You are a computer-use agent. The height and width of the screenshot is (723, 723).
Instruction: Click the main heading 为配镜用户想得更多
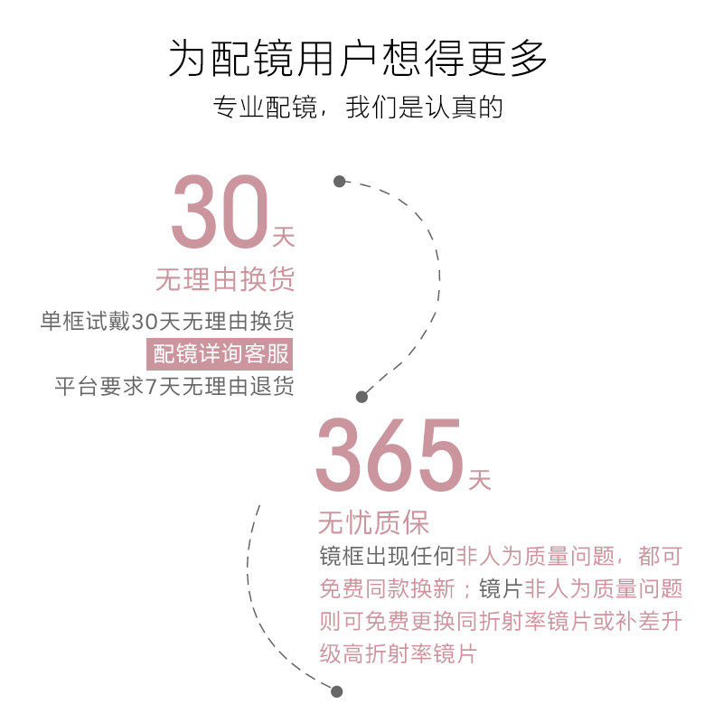tap(358, 59)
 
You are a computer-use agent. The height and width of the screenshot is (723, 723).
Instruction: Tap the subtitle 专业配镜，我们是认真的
tap(358, 108)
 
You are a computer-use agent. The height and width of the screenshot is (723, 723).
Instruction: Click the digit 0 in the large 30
tap(239, 213)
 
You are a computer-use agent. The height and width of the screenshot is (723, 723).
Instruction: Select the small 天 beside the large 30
tap(284, 239)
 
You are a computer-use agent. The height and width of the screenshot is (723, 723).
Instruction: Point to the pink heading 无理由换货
tap(225, 279)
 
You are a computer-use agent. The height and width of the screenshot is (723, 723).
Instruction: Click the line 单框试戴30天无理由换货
tap(168, 322)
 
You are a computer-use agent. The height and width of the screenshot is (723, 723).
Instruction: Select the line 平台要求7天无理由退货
tap(174, 386)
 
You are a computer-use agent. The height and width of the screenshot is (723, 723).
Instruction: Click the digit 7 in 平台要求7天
tap(151, 386)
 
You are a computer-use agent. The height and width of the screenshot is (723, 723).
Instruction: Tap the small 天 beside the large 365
tap(480, 479)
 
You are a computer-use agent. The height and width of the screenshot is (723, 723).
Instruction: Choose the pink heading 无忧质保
tap(373, 522)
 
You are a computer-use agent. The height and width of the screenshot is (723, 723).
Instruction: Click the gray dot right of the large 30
tap(339, 181)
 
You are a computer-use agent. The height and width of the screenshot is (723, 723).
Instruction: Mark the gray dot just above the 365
tap(362, 396)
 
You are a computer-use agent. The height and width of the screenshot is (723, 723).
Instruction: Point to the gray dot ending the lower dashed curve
tap(337, 691)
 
